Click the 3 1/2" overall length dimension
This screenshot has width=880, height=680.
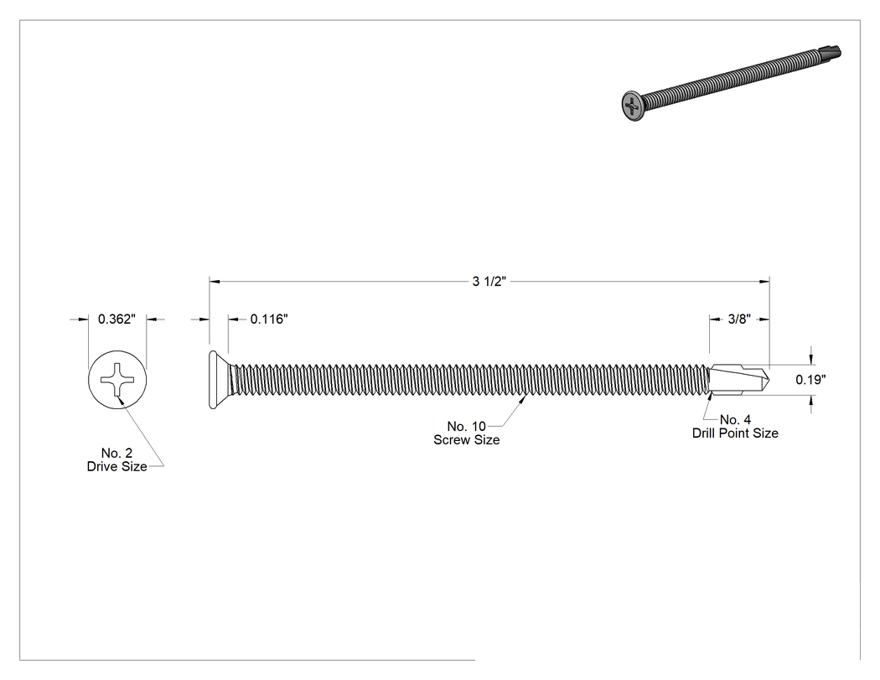click(489, 282)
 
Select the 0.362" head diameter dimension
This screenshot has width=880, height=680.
click(116, 319)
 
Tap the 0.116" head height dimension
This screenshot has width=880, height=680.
click(269, 319)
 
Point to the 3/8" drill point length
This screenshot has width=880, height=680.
click(739, 319)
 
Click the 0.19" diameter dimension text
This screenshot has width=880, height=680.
click(810, 380)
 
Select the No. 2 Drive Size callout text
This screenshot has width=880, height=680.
click(116, 459)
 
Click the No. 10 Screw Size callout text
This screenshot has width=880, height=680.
click(466, 433)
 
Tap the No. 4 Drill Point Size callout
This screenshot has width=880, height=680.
click(735, 426)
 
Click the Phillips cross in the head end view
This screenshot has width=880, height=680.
click(117, 380)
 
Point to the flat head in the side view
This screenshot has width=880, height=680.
click(219, 380)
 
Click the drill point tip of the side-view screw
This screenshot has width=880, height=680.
click(768, 380)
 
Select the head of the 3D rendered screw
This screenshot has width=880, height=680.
click(633, 106)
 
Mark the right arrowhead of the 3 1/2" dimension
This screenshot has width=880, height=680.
click(764, 282)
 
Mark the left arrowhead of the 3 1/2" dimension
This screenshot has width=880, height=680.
click(215, 282)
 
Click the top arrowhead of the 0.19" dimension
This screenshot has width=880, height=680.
click(811, 359)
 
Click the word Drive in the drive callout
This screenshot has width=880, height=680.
click(101, 467)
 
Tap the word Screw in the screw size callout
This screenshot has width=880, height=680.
click(451, 439)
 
